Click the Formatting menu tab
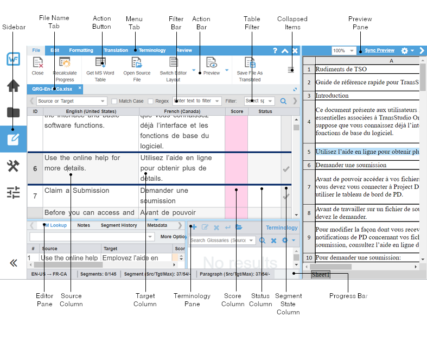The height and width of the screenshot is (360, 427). (x=81, y=50)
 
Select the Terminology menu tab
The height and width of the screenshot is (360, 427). (x=152, y=50)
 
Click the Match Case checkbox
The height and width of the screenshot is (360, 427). (x=114, y=101)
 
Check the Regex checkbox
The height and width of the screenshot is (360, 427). (x=150, y=101)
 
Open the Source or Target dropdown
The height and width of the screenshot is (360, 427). (x=72, y=101)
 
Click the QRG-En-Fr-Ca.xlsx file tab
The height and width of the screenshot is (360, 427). (x=52, y=89)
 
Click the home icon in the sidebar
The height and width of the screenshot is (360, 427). (x=13, y=86)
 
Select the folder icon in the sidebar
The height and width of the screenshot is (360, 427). (x=13, y=112)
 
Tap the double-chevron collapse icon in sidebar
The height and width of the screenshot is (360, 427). (x=13, y=263)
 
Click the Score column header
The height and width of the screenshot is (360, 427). (x=237, y=111)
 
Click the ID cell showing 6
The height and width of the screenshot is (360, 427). (x=35, y=168)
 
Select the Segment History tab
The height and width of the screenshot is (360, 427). (x=119, y=225)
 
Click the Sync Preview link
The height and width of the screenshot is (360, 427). (x=379, y=50)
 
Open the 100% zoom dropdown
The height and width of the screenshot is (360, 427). (x=344, y=50)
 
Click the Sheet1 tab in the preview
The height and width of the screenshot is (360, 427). (x=320, y=275)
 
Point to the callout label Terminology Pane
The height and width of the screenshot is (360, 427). (x=192, y=300)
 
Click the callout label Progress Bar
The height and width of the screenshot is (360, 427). (x=348, y=296)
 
